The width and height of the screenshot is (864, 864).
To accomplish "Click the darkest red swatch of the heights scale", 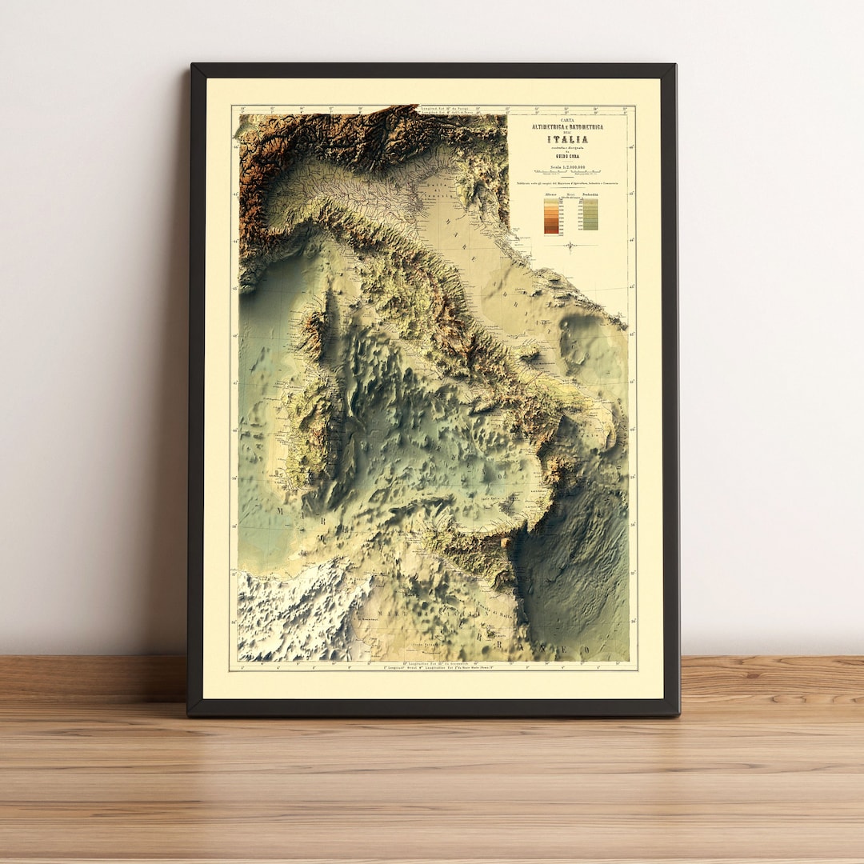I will coord(551,231).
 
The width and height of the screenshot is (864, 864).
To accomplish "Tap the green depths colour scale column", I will coord(590,214).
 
